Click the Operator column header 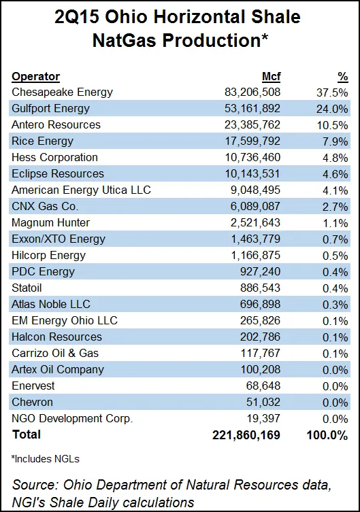(x=36, y=76)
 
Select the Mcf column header (x=271, y=76)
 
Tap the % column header (x=342, y=76)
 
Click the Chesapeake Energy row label (x=63, y=92)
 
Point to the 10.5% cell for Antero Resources (x=333, y=124)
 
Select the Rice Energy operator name (x=42, y=141)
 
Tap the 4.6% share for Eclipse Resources (x=336, y=173)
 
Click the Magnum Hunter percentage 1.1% (x=336, y=222)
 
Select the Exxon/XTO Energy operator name (x=59, y=239)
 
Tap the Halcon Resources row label (x=56, y=337)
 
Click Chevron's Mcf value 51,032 (x=263, y=402)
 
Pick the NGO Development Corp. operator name (x=72, y=418)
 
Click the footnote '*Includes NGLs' (x=44, y=460)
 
